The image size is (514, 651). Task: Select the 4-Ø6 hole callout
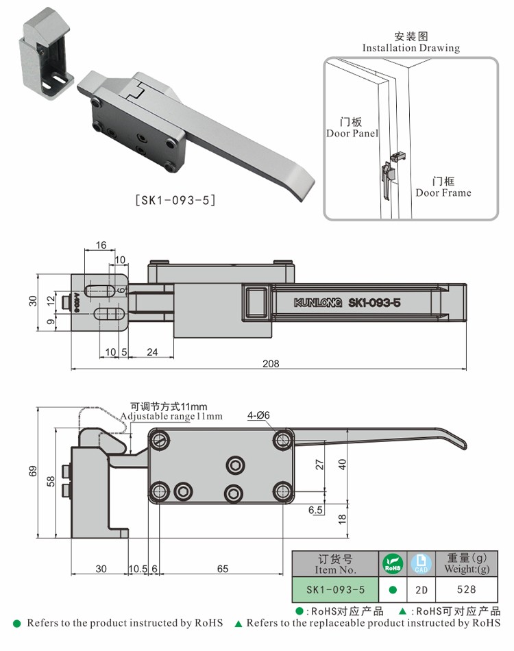click(259, 415)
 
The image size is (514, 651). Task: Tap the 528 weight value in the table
click(466, 589)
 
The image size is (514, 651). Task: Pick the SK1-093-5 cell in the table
click(336, 589)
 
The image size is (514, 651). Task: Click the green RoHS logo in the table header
click(392, 563)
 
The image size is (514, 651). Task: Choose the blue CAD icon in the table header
click(421, 563)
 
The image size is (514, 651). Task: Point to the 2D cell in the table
click(421, 589)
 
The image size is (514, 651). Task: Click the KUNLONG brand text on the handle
click(318, 303)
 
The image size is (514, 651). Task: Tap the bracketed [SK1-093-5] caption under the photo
click(176, 200)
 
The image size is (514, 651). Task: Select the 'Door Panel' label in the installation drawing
click(352, 128)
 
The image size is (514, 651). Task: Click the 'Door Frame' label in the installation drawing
click(443, 187)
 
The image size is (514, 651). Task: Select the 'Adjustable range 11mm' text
click(171, 416)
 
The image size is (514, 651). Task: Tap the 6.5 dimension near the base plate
click(316, 510)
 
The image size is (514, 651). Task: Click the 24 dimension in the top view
click(152, 352)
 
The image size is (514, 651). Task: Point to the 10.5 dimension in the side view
click(138, 569)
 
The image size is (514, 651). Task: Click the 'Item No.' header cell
click(336, 564)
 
